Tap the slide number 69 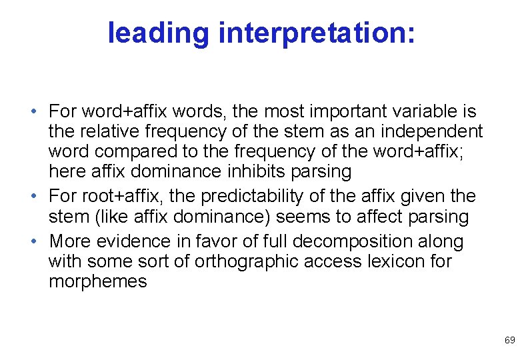pyautogui.click(x=509, y=340)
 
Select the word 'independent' pyautogui.click(x=427, y=131)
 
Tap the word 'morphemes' pyautogui.click(x=98, y=281)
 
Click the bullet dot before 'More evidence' pyautogui.click(x=41, y=241)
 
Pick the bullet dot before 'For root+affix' pyautogui.click(x=41, y=196)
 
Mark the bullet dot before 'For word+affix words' pyautogui.click(x=41, y=111)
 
